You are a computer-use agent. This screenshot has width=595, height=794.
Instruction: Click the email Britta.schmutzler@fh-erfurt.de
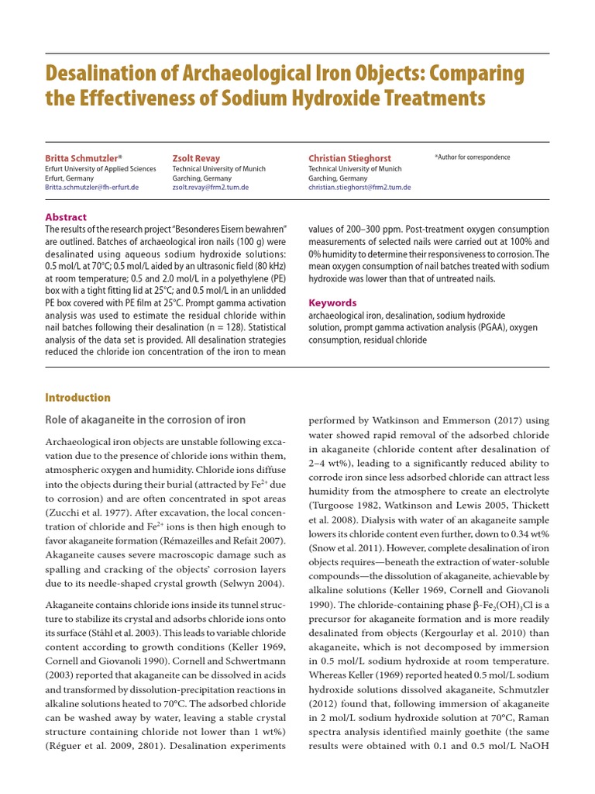pyautogui.click(x=92, y=188)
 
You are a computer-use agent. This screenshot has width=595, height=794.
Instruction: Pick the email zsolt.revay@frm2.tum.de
pyautogui.click(x=208, y=188)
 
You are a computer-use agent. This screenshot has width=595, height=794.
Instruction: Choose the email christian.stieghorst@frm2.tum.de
pyautogui.click(x=359, y=188)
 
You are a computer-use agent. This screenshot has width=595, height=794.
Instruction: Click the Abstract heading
pyautogui.click(x=66, y=217)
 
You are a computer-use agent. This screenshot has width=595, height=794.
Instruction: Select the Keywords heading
pyautogui.click(x=332, y=303)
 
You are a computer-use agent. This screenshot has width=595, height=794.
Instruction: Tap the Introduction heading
pyautogui.click(x=77, y=398)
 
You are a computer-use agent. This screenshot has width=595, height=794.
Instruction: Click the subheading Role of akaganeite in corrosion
pyautogui.click(x=145, y=420)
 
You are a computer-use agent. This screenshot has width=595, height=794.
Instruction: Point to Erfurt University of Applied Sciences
pyautogui.click(x=100, y=168)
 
